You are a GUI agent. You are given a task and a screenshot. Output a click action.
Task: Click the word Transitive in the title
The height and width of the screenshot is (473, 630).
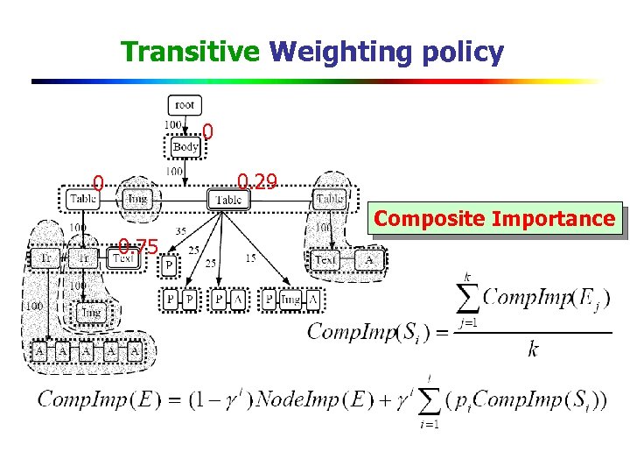click(x=190, y=52)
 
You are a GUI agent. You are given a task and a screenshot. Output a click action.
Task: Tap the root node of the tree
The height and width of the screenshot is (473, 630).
click(x=185, y=105)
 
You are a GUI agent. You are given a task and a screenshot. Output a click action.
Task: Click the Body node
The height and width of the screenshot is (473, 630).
click(x=185, y=146)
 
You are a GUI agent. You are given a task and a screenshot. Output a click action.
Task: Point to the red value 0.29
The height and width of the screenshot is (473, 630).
click(x=257, y=182)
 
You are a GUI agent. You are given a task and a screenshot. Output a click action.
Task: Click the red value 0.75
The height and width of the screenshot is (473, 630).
click(x=137, y=246)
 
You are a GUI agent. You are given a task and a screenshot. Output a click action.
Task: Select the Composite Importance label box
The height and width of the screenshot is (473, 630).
click(x=495, y=219)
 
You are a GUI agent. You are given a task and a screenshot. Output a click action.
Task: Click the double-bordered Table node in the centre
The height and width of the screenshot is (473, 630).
click(x=227, y=200)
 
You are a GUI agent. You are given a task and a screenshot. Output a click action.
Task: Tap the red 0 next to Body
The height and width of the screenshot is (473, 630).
click(x=207, y=132)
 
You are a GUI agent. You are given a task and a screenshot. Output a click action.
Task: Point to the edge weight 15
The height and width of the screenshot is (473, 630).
click(x=251, y=258)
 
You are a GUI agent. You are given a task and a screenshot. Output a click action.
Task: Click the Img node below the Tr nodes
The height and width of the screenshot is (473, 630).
click(x=91, y=312)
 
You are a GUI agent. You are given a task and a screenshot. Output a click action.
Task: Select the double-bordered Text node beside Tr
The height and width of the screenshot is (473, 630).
click(x=122, y=258)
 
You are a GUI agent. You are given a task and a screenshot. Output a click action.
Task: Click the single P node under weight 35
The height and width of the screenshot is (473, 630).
click(x=168, y=264)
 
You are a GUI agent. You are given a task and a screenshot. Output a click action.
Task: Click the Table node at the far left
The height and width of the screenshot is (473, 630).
click(x=81, y=200)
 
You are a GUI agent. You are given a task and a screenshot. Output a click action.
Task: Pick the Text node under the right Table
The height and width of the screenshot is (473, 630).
click(x=325, y=260)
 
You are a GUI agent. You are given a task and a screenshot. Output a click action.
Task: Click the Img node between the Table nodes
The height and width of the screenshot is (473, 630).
click(x=136, y=200)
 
